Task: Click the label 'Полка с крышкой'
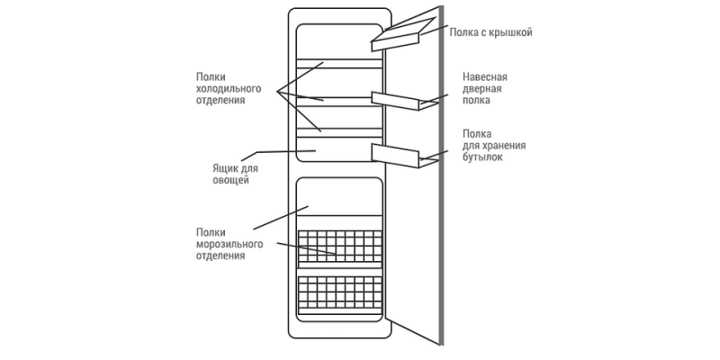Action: pos(490,32)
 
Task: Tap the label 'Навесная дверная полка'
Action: pos(482,90)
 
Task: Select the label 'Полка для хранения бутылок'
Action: pos(494,145)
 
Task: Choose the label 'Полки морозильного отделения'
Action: pos(229,243)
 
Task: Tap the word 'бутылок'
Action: pos(482,157)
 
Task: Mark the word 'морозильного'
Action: pos(229,243)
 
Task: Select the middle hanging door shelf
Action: pos(396,100)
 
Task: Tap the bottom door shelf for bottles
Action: pos(396,153)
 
